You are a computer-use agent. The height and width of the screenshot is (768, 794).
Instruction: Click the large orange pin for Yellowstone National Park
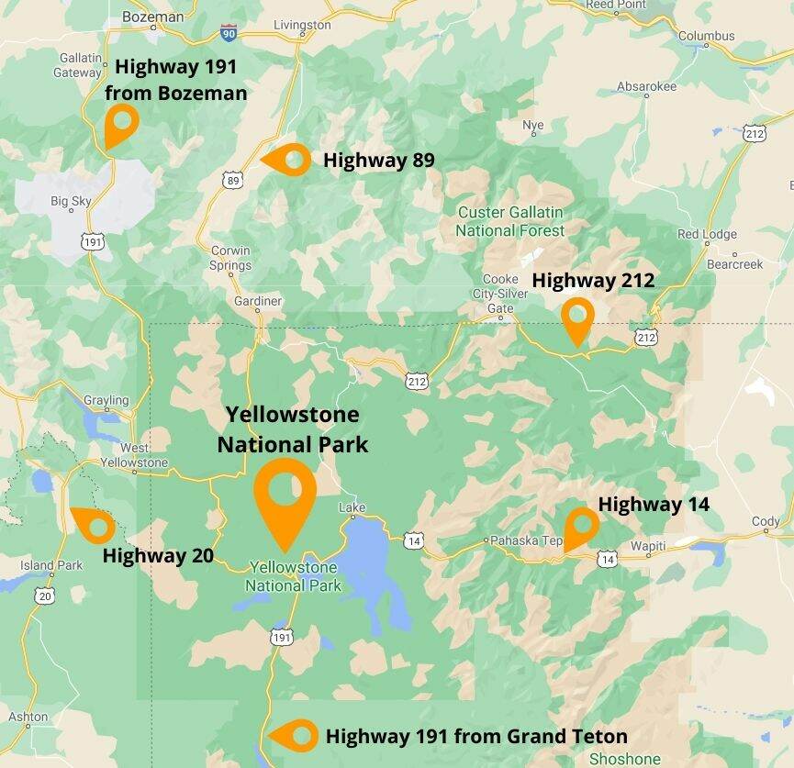(285, 495)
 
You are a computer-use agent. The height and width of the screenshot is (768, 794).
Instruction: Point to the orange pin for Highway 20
(93, 525)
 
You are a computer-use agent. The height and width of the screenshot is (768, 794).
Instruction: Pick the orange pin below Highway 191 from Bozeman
(120, 123)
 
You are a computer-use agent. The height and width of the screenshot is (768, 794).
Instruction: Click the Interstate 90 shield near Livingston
(228, 34)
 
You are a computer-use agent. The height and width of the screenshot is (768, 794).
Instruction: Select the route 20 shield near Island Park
(46, 595)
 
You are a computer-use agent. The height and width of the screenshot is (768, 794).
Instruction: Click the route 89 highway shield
(233, 181)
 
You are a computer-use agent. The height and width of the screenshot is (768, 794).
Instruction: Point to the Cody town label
(766, 521)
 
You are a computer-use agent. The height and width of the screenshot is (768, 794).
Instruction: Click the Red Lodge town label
(707, 234)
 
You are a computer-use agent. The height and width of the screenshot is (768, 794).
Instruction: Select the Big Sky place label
(72, 201)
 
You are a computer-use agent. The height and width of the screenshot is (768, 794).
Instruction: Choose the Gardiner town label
(257, 301)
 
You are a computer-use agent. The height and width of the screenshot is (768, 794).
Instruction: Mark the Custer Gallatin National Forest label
(510, 221)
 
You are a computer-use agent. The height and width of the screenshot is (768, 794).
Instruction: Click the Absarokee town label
(646, 86)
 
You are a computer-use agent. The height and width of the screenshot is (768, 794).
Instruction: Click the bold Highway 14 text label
(654, 504)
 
